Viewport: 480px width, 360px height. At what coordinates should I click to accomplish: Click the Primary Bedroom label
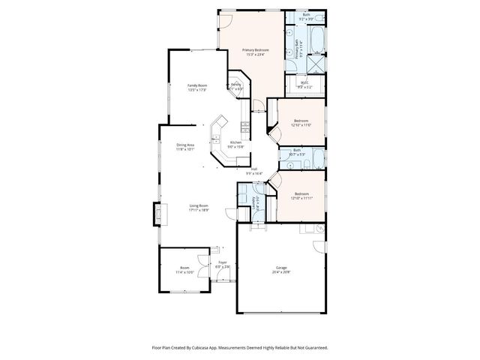click(253, 49)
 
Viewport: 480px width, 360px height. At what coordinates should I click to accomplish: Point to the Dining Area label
click(185, 145)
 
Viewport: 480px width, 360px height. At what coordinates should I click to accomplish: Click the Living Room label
click(198, 205)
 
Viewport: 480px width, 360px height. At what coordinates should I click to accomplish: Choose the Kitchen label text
click(235, 142)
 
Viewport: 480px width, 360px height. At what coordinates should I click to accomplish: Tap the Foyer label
click(222, 262)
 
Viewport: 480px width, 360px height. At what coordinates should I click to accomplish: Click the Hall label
click(255, 169)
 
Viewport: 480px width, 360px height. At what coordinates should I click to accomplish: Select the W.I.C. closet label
click(304, 82)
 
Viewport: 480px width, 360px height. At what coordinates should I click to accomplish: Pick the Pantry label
click(235, 85)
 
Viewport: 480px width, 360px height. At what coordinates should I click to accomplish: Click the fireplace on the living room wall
click(157, 214)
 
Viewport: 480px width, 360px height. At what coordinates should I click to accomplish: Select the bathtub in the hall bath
click(316, 158)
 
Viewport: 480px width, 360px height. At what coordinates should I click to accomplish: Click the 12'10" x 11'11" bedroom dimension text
click(301, 198)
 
